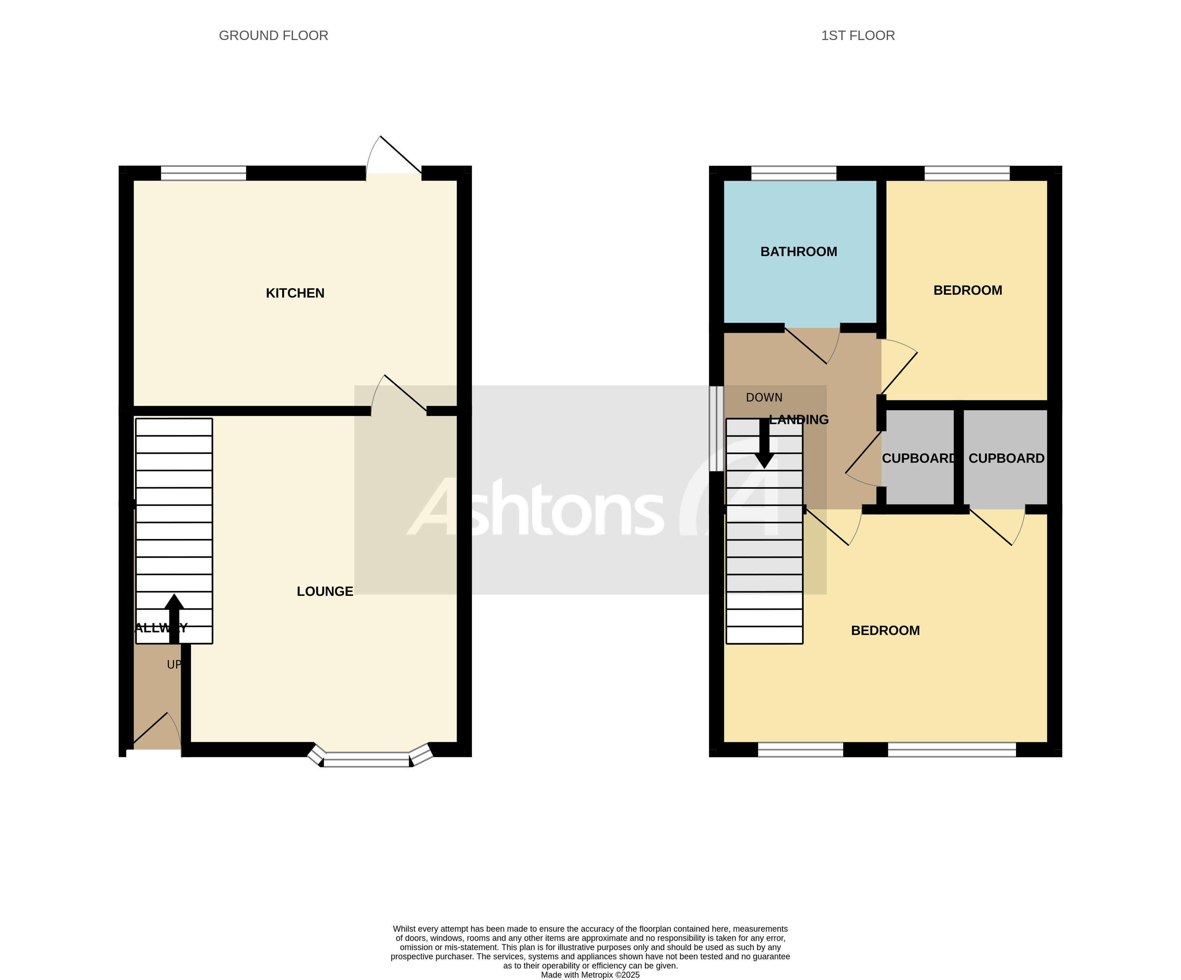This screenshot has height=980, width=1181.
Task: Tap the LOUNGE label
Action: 325,591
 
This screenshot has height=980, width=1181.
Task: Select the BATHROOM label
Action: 798,252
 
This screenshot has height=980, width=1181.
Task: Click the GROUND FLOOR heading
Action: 273,35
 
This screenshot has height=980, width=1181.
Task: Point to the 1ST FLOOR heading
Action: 858,35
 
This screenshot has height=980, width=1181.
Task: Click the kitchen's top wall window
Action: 204,173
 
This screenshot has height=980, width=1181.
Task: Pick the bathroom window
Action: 793,173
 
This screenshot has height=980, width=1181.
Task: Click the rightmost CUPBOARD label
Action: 1006,459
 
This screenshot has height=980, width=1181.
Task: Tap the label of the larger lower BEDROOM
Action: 885,630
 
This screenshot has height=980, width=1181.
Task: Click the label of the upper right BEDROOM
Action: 967,291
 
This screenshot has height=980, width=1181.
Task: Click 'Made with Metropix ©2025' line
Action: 590,975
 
